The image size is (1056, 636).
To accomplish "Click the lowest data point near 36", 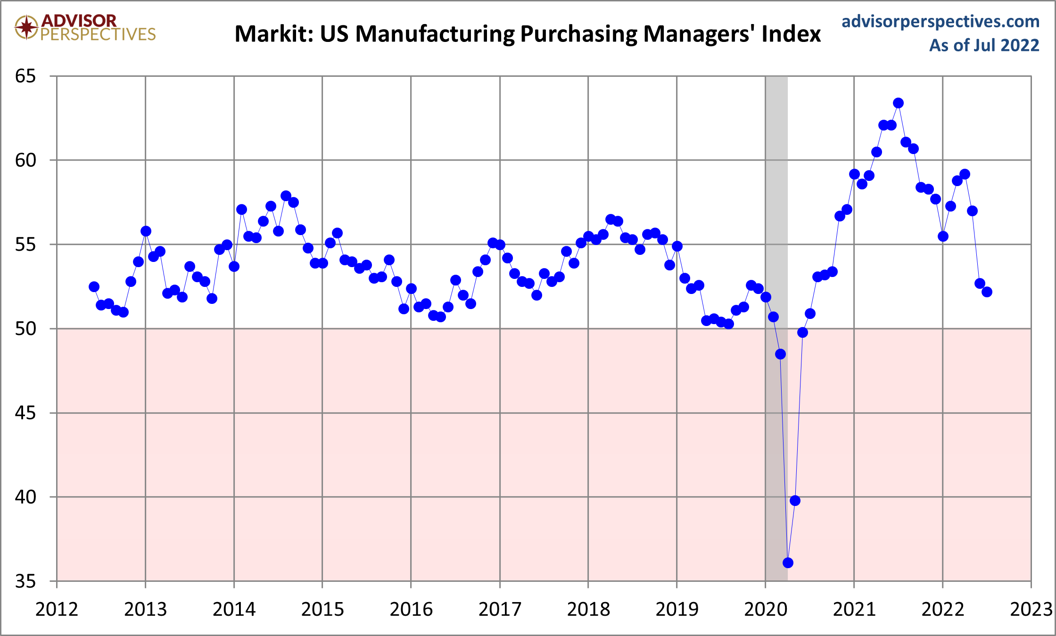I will [x=788, y=563].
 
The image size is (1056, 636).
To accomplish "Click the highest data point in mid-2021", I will [x=898, y=103].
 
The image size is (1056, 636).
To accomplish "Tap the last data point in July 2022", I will [x=987, y=292].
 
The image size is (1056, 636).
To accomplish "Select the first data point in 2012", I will [x=94, y=287].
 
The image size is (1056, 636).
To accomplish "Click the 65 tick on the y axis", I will [x=25, y=76].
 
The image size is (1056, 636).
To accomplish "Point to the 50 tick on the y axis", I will [x=25, y=328].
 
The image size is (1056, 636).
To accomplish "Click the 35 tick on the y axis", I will [x=25, y=581].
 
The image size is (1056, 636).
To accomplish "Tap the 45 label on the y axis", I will [x=25, y=413].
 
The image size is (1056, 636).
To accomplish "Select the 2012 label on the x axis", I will [x=57, y=610].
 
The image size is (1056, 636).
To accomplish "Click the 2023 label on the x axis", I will [x=1031, y=610].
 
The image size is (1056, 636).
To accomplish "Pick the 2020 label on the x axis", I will [x=766, y=610].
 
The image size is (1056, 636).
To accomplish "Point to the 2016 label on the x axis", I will [x=411, y=610].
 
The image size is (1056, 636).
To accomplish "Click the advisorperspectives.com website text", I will [x=940, y=21].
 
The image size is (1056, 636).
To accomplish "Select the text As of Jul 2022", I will [x=984, y=45].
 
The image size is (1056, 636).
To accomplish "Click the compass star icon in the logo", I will [x=26, y=27].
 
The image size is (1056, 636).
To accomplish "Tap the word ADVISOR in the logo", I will [x=79, y=20].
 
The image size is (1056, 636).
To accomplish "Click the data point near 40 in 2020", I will [x=795, y=500].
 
